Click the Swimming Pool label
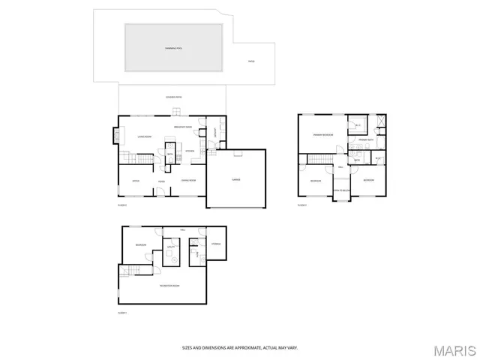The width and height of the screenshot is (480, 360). tap(174, 48)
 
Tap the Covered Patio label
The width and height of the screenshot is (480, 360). tap(174, 97)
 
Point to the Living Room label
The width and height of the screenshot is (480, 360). tap(145, 136)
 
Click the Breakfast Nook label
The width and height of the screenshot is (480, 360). tap(184, 127)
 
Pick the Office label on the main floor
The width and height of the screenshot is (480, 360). tap(136, 181)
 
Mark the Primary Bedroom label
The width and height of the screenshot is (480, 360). tap(323, 135)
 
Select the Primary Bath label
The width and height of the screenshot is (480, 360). tap(365, 140)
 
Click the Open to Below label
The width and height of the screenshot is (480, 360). tap(341, 190)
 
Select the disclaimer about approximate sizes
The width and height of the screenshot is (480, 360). tap(240, 347)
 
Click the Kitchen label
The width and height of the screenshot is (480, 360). tap(190, 151)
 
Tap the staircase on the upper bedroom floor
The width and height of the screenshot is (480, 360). tap(321, 158)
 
